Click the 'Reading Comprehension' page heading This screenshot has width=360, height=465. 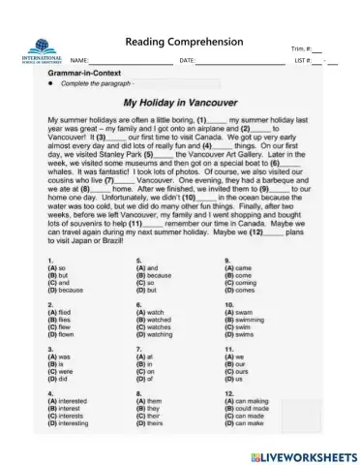[x=184, y=43]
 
